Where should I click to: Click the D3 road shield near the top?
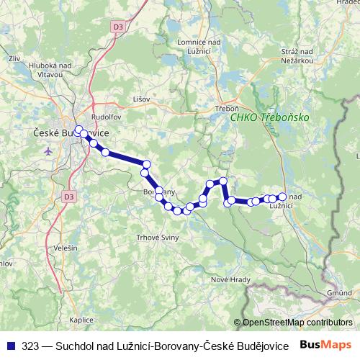(x=118, y=26)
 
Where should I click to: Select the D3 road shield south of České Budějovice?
(x=68, y=195)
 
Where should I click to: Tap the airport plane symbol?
(x=48, y=151)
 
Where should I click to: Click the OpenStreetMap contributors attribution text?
(x=297, y=323)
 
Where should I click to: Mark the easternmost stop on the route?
(x=282, y=197)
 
